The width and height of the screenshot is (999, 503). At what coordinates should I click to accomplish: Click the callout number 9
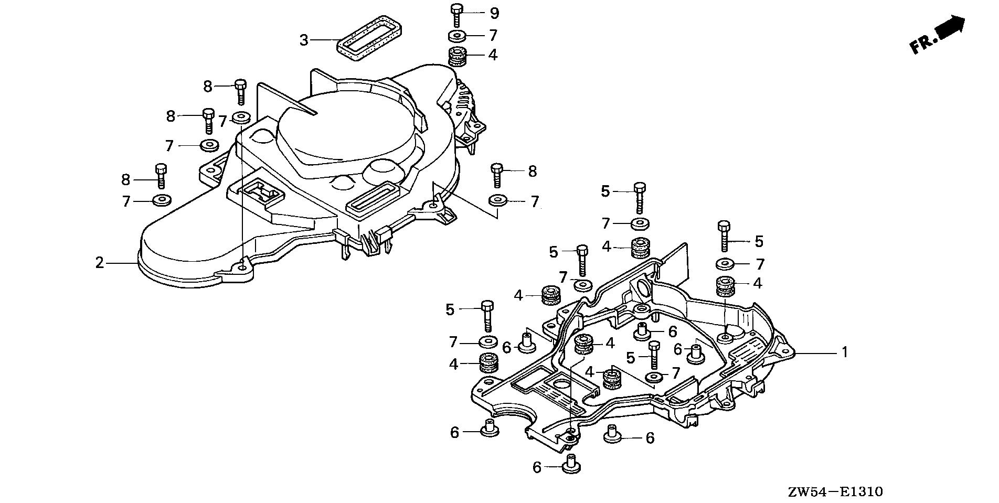[494, 13]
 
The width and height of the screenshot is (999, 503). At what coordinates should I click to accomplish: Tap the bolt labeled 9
[455, 15]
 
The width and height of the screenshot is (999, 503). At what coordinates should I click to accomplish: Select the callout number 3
[304, 40]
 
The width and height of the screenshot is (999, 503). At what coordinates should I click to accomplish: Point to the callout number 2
[100, 262]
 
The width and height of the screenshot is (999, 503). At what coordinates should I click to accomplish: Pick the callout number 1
[845, 352]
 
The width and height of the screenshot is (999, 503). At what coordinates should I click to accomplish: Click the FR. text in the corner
[922, 44]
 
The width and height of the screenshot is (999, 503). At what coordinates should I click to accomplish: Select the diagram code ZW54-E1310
[835, 491]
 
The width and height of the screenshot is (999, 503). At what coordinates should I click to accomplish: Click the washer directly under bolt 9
[458, 36]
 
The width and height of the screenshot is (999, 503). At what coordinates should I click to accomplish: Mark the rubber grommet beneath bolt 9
[458, 56]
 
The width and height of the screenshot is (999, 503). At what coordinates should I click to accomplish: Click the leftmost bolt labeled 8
[161, 175]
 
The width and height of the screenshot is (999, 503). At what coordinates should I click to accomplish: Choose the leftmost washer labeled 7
[161, 200]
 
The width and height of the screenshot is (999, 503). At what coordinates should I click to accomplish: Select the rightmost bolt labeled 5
[725, 237]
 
